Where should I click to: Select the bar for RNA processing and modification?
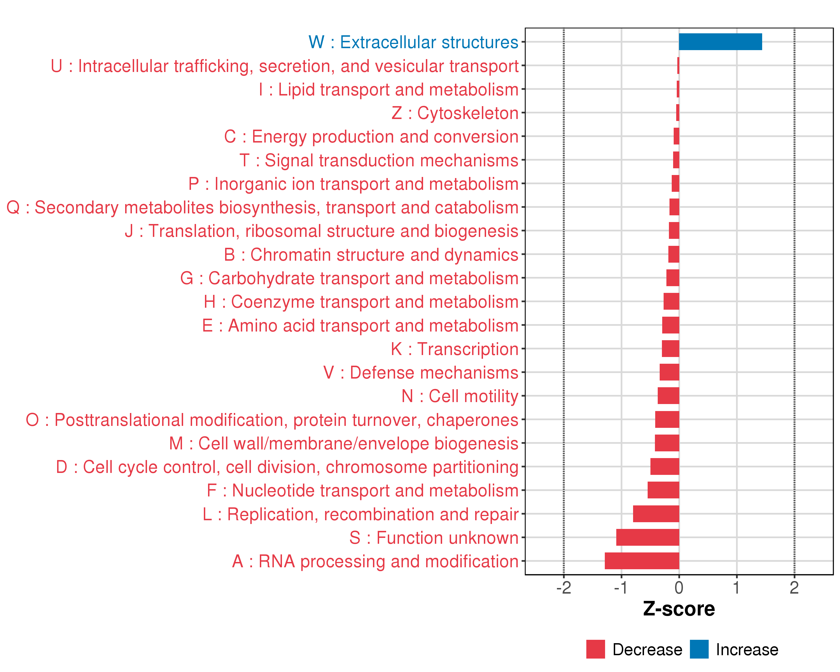tap(642, 561)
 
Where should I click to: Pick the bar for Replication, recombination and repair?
tap(656, 514)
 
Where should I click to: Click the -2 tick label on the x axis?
tap(563, 588)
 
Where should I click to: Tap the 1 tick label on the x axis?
tap(736, 588)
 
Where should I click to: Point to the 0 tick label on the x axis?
tap(679, 588)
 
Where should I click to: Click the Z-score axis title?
tap(679, 609)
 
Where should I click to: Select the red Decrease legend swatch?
tap(595, 649)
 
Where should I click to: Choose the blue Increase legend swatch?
tap(699, 649)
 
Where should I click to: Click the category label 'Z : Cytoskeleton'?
tap(455, 113)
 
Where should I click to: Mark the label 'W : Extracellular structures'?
tap(413, 42)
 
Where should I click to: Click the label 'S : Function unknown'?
tap(434, 538)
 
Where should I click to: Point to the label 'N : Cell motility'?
tap(460, 396)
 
